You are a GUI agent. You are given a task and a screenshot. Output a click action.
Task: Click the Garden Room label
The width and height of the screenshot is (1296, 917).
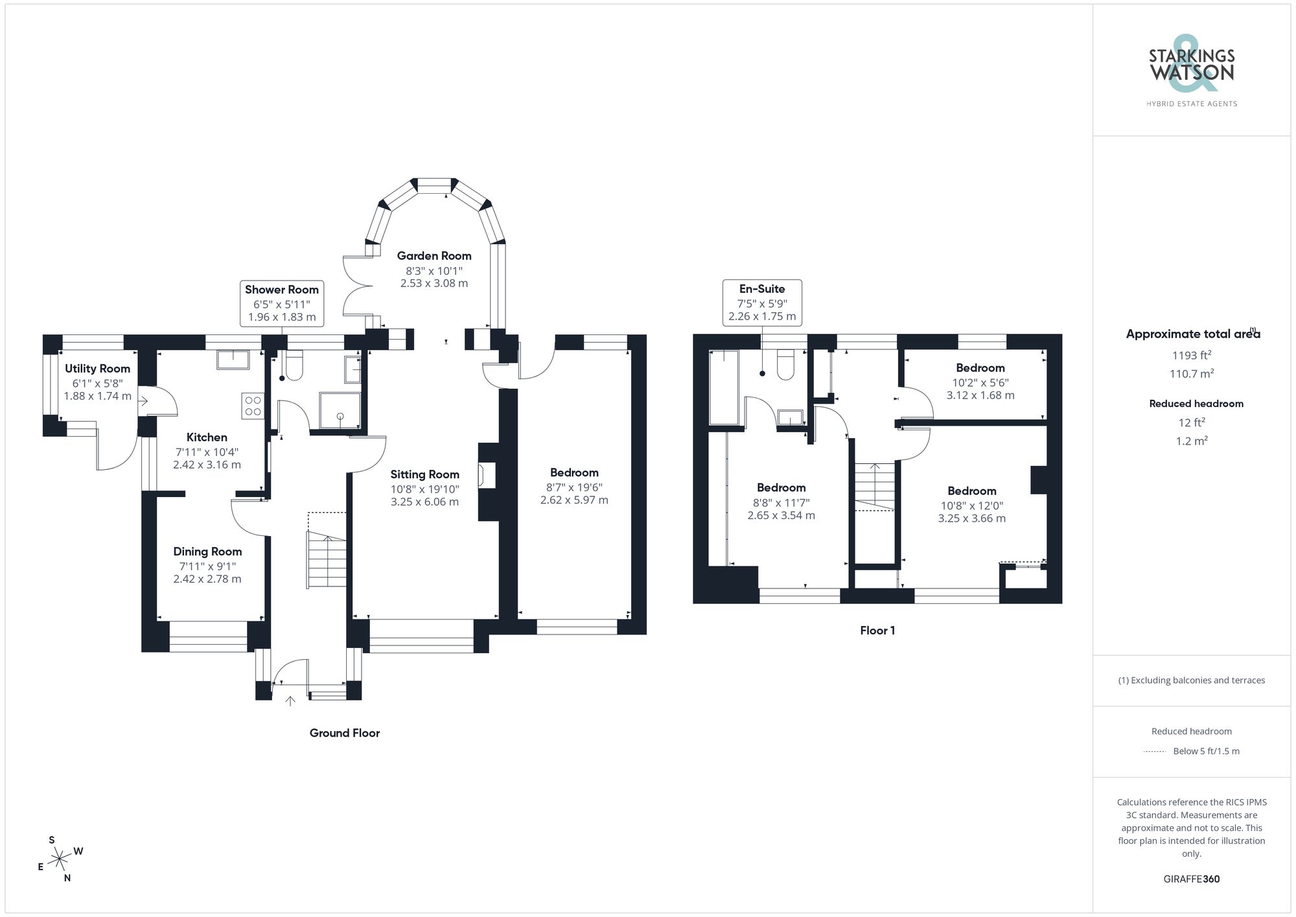coord(434,256)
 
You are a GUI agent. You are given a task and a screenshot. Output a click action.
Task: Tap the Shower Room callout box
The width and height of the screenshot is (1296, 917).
coord(282,303)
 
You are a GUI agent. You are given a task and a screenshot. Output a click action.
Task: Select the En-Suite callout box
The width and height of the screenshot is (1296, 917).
coord(762,302)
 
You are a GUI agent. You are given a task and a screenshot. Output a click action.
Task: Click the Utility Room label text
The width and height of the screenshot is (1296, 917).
coord(97,369)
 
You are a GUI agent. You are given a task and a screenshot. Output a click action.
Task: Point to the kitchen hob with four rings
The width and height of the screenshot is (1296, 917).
coord(253,406)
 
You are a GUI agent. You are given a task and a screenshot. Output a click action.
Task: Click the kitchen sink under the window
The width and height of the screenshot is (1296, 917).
coord(232,359)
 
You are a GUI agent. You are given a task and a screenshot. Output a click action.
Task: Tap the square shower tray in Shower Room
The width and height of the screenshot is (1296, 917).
coord(340,410)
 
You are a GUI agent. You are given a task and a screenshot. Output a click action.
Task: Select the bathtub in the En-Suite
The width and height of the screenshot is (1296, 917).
coord(724,388)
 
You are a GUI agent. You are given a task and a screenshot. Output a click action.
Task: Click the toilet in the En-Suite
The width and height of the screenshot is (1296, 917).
coord(785,365)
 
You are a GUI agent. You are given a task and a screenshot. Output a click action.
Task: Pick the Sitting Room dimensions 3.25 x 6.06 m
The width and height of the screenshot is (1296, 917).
coord(424,502)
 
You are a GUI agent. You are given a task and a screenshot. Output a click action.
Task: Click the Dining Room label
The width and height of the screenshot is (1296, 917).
coord(207,551)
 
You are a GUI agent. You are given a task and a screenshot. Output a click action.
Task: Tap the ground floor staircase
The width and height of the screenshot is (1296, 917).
coord(327,559)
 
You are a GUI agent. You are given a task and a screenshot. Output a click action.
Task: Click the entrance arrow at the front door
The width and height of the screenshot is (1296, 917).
coord(290,701)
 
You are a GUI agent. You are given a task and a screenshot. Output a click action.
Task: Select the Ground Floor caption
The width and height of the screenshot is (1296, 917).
coord(344,733)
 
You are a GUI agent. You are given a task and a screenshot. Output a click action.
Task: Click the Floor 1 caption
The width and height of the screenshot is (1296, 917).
coord(877,631)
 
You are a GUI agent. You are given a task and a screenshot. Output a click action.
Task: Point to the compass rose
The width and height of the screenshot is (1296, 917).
coord(60,859)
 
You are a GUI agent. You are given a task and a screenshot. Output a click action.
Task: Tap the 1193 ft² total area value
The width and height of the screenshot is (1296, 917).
coord(1191,355)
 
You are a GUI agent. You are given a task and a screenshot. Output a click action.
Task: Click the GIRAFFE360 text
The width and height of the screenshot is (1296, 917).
coord(1191,879)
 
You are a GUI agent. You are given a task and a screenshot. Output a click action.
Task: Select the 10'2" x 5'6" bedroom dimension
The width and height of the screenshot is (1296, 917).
coord(980,382)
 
